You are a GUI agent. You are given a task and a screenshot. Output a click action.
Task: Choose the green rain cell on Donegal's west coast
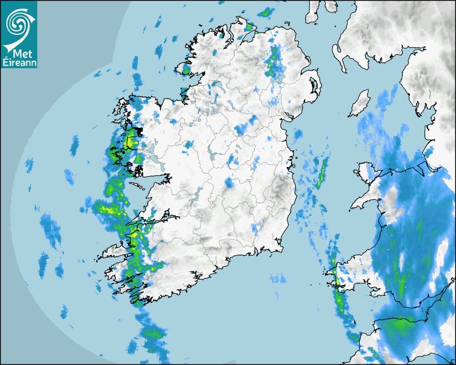[x=186, y=69]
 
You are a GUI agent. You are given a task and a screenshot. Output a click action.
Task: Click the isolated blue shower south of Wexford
[x=278, y=278]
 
